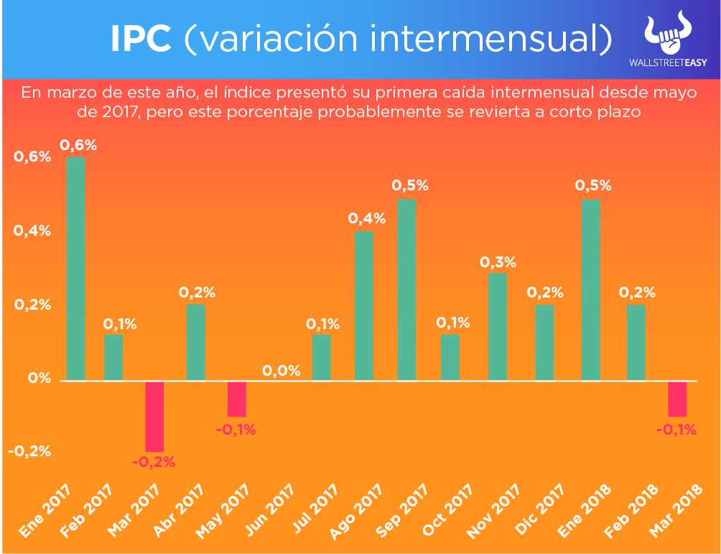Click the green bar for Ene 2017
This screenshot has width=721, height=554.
point(76,267)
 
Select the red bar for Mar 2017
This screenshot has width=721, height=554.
point(154,416)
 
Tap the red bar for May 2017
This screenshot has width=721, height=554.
point(237,399)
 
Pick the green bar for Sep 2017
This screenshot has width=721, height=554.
point(406,290)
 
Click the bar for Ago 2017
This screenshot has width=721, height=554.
point(363,305)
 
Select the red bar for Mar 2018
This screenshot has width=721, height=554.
point(677,399)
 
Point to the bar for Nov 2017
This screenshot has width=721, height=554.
point(497,326)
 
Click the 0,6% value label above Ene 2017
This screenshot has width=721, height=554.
point(78,145)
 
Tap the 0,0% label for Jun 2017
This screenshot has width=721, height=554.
point(281,371)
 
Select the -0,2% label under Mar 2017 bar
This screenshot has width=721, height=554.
point(154,462)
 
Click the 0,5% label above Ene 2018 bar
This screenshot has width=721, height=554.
point(593,185)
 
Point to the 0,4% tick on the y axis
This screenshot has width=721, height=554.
point(32,231)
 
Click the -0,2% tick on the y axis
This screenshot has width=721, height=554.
point(29,452)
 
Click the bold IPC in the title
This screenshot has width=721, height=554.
point(141,40)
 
